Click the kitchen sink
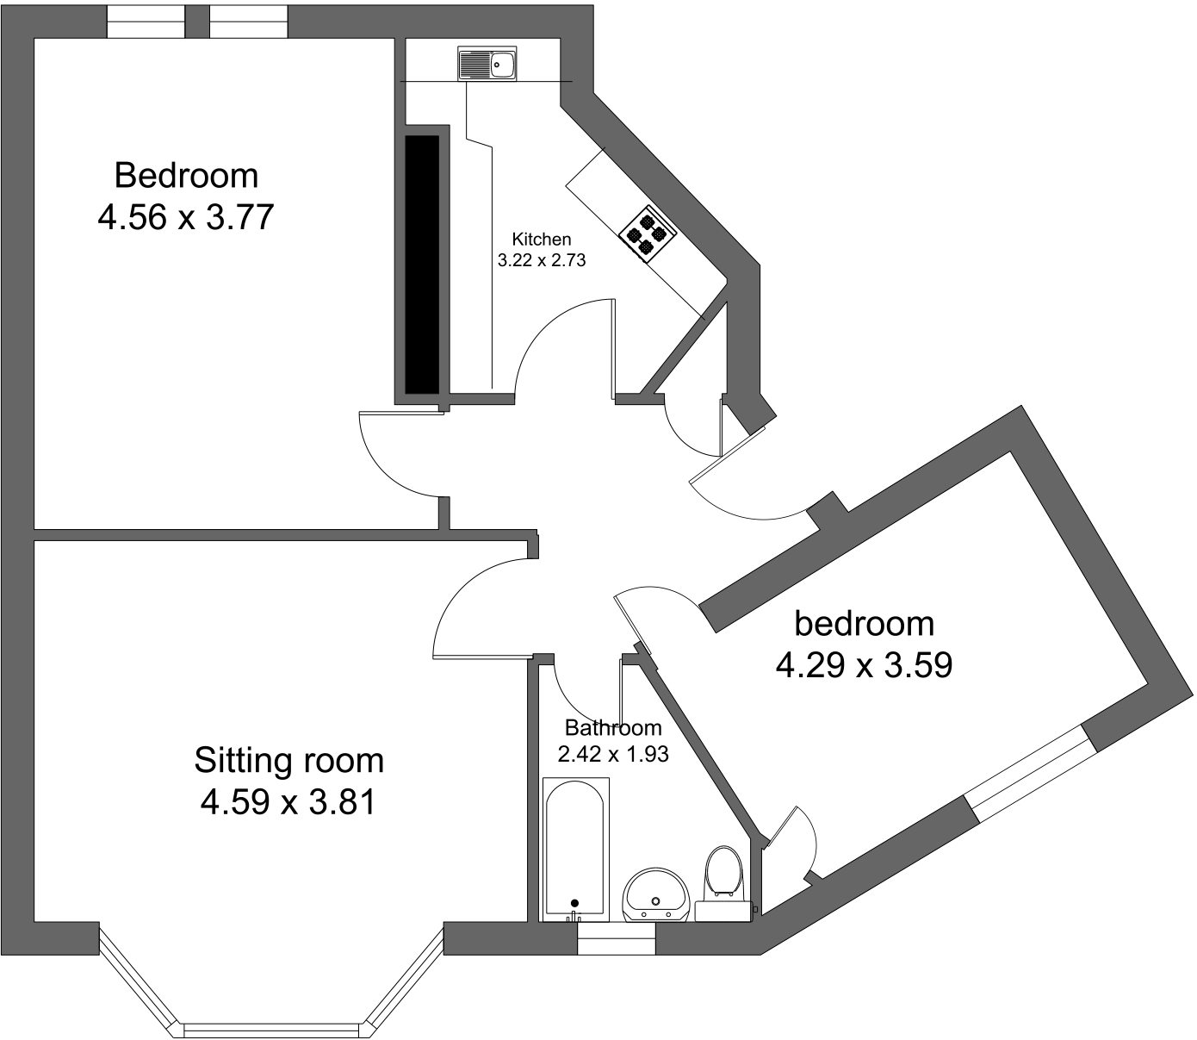pyautogui.click(x=487, y=64)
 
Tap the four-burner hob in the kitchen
pyautogui.click(x=648, y=232)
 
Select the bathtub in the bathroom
pyautogui.click(x=575, y=848)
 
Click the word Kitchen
pyautogui.click(x=541, y=239)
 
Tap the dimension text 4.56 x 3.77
pyautogui.click(x=185, y=217)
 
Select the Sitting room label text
pyautogui.click(x=288, y=761)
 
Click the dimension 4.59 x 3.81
pyautogui.click(x=288, y=803)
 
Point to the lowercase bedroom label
pyautogui.click(x=864, y=622)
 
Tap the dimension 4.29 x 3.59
pyautogui.click(x=864, y=665)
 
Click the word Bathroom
pyautogui.click(x=613, y=728)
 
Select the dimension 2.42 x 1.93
pyautogui.click(x=613, y=755)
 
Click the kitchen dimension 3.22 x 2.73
pyautogui.click(x=542, y=259)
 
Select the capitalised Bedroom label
pyautogui.click(x=186, y=175)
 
